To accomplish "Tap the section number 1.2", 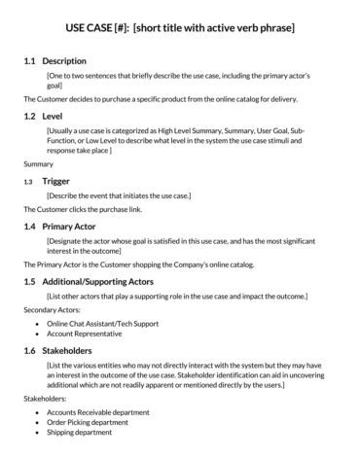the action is coord(29,115).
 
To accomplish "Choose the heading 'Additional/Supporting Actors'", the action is coord(103,281).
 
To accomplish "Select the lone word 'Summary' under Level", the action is coord(38,164).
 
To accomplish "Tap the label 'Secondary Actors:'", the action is coord(52,310).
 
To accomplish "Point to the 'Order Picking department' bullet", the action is coord(93,423).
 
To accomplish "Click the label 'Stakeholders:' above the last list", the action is coord(45,399).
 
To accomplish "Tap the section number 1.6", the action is coord(29,347).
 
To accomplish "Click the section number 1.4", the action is coord(29,226).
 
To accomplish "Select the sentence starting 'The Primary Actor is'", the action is coord(129,265).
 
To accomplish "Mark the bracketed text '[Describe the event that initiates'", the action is coord(118,196).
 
